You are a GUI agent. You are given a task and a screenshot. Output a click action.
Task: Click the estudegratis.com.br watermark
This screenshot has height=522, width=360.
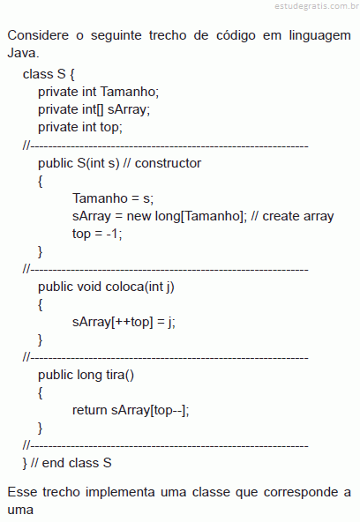point(317,6)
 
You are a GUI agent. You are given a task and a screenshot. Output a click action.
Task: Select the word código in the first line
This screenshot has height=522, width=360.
point(236,35)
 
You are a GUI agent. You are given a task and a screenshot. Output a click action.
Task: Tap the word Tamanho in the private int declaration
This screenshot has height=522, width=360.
point(128,92)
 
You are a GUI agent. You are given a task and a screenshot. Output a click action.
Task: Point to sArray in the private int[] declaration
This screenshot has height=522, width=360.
point(127,110)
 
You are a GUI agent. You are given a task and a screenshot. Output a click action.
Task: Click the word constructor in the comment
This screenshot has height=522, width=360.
point(168,163)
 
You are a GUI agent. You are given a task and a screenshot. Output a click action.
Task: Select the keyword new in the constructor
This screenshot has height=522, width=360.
point(139,216)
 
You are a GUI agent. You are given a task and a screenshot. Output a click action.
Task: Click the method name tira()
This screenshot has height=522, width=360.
point(120,375)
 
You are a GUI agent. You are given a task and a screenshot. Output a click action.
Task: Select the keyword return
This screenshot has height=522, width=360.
point(90,410)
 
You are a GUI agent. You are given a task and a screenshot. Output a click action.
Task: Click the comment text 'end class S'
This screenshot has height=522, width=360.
point(77,463)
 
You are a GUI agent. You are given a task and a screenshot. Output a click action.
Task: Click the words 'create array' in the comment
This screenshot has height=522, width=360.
point(298,216)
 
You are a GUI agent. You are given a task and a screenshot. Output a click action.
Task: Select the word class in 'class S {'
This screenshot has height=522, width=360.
point(38,74)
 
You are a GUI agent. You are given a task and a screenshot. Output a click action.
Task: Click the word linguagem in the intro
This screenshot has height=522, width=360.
point(319,36)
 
